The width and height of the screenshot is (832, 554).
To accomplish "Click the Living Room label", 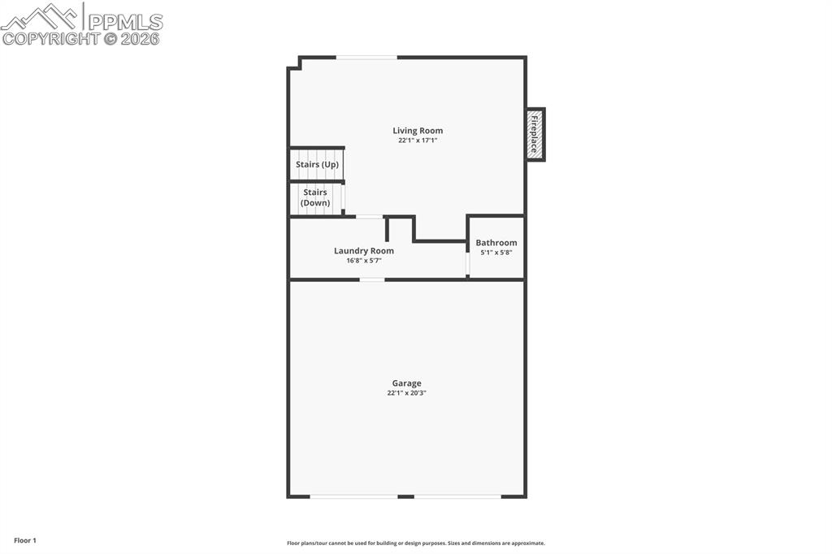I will (x=418, y=131).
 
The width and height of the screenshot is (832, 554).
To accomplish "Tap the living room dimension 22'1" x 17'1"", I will (x=418, y=141).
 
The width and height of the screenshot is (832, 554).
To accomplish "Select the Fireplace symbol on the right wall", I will (x=535, y=134).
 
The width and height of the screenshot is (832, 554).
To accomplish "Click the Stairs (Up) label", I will (x=317, y=165).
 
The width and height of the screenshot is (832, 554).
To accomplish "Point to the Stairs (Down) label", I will (x=315, y=197).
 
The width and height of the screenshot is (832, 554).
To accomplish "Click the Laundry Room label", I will (x=364, y=251).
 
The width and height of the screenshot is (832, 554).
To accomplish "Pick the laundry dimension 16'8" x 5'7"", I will (x=364, y=261).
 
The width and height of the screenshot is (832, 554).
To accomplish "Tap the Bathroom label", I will (x=496, y=243).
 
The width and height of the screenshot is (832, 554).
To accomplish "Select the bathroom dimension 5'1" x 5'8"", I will (x=496, y=253).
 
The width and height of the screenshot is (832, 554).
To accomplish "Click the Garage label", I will (x=407, y=383).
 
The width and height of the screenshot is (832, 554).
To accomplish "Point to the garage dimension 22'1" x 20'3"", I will (x=407, y=393).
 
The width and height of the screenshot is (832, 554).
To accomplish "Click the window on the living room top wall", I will (x=366, y=58).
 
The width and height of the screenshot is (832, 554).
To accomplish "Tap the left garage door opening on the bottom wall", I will (x=354, y=496).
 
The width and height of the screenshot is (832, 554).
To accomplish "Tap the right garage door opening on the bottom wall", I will (x=457, y=496).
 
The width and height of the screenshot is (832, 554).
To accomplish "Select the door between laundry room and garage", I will (x=372, y=279).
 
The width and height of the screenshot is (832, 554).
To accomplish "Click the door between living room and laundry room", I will (x=370, y=217).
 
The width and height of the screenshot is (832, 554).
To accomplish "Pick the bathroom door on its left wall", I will (x=467, y=265).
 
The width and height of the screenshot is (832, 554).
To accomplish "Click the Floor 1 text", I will (x=25, y=540).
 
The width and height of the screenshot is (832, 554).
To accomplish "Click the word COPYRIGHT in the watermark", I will (x=50, y=38).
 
